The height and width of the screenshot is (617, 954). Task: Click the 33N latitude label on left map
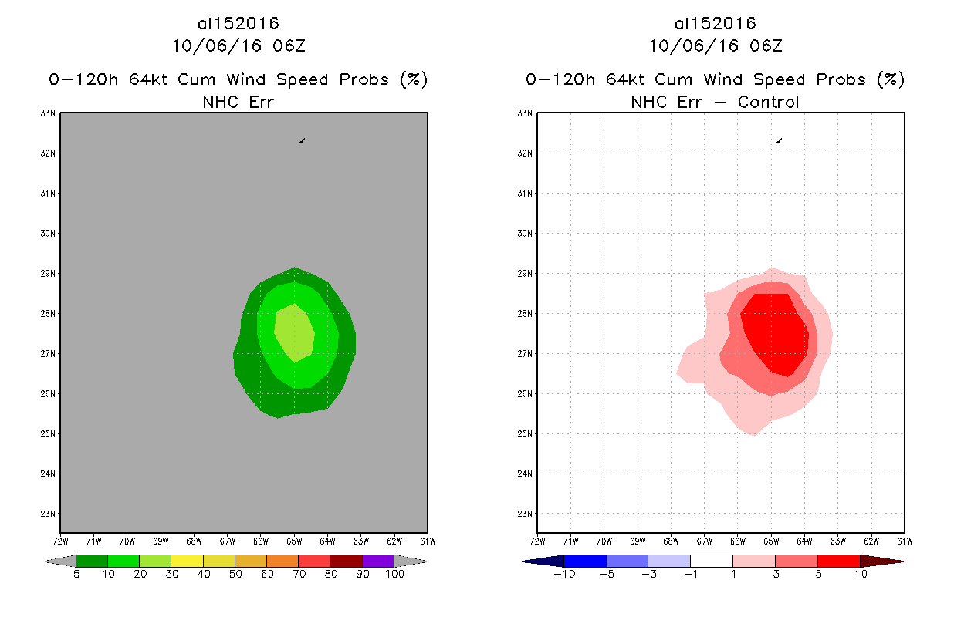[49, 113]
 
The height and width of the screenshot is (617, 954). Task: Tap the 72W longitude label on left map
[60, 540]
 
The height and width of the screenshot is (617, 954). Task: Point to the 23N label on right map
[526, 514]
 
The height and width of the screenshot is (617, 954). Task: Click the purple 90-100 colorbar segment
[378, 561]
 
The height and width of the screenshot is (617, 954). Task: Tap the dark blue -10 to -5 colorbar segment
[585, 561]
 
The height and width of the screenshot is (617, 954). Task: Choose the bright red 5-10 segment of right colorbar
[837, 561]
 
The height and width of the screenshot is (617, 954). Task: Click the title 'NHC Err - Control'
[715, 102]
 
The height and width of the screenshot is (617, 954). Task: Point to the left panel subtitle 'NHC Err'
[238, 102]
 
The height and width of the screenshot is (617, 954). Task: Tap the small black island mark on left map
[302, 140]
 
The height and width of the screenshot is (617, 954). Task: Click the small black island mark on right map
[780, 140]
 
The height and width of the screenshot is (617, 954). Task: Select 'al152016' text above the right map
[715, 24]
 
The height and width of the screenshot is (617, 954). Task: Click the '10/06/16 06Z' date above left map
[238, 46]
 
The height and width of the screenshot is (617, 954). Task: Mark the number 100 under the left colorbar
[394, 574]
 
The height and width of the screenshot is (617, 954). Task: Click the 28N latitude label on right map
[526, 314]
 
